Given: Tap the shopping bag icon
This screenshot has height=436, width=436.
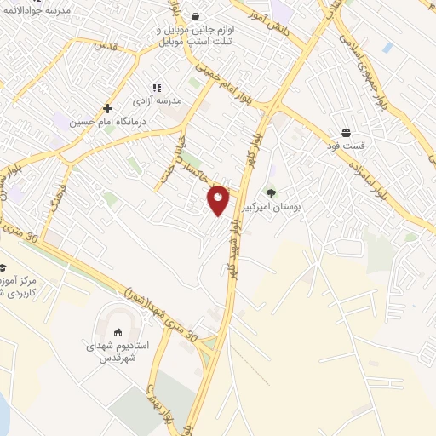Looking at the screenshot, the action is (x=197, y=16).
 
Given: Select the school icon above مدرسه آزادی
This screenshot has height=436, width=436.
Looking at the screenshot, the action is (x=157, y=87).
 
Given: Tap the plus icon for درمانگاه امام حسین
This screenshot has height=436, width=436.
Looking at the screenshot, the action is (x=107, y=108).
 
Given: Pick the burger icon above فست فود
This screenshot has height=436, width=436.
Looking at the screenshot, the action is (x=347, y=133).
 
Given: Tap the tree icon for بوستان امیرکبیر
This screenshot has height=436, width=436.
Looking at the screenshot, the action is (x=272, y=192).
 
